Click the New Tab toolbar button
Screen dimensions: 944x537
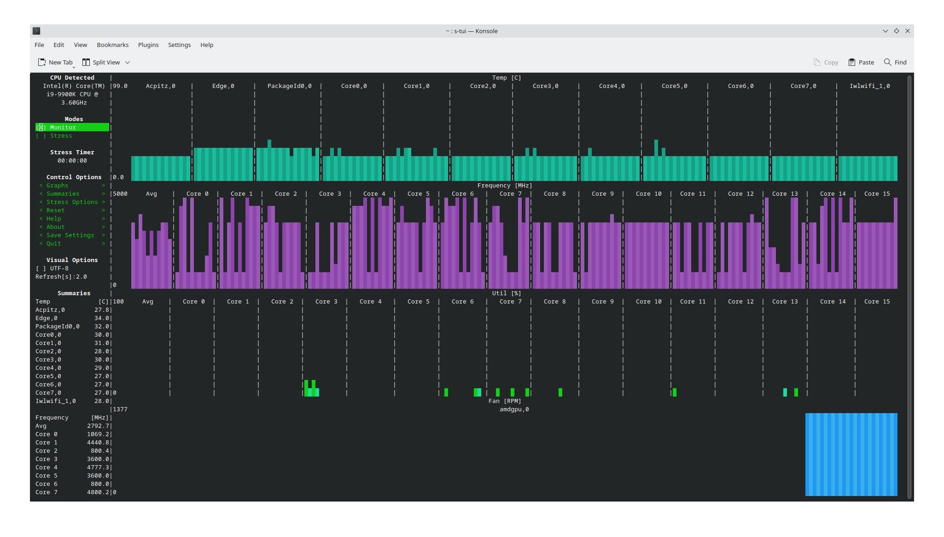tap(55, 62)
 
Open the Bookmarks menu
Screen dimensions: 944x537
tap(112, 45)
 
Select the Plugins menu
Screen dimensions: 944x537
tap(148, 45)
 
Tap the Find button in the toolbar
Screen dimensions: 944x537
tap(895, 62)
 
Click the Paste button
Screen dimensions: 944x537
tap(861, 62)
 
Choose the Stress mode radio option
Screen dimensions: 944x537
tap(54, 136)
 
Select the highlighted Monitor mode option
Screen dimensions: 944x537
tap(72, 128)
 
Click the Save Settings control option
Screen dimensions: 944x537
tap(70, 235)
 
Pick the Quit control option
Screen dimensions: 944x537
tap(53, 244)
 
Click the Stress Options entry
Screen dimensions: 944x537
tap(72, 202)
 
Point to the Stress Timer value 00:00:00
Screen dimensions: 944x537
tap(72, 161)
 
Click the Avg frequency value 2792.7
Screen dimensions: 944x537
tap(98, 426)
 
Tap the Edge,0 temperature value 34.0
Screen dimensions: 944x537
tap(102, 318)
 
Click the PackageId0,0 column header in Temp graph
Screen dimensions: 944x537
tap(290, 86)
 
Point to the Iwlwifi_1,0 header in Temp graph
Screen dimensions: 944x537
tap(870, 86)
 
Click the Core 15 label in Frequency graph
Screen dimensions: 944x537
tap(877, 194)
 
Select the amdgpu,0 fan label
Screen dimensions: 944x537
tap(514, 409)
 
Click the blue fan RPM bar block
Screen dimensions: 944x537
tap(851, 455)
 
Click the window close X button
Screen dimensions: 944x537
tap(908, 31)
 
